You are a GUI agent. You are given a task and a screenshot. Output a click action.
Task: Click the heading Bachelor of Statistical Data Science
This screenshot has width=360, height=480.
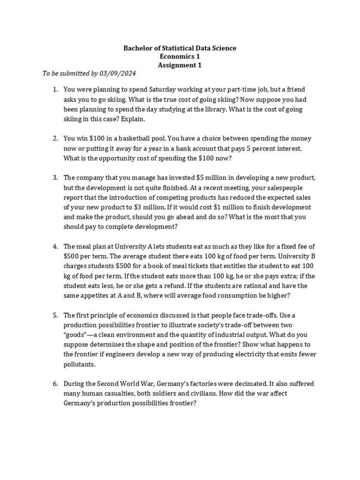coord(180,48)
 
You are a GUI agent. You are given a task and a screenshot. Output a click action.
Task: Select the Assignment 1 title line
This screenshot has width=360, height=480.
coord(180,65)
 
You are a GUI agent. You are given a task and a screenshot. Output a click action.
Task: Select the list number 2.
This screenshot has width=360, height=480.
coord(55,139)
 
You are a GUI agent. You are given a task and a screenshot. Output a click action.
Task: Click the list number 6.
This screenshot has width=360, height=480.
coord(55,384)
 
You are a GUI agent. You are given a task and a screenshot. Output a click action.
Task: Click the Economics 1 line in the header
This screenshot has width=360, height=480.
coord(180,56)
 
